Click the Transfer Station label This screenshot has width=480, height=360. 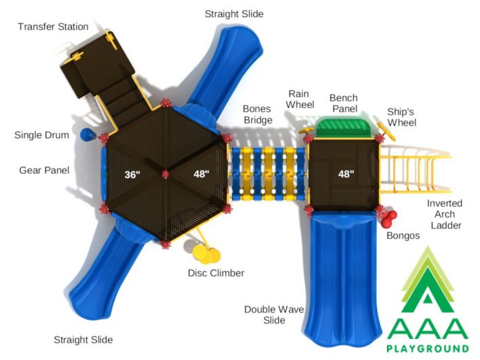[53, 26]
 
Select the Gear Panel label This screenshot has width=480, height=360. [44, 170]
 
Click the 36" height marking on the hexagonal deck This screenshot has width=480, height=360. [132, 175]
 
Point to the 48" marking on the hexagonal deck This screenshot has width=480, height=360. [202, 174]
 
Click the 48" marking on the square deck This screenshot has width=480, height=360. [346, 174]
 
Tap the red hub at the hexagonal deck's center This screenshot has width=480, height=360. [165, 175]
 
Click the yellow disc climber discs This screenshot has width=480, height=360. [206, 254]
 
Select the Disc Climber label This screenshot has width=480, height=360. [216, 273]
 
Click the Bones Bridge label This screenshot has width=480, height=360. [258, 115]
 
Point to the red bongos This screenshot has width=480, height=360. [389, 219]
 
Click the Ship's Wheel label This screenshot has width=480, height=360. [402, 118]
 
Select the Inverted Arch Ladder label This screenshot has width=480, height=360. [445, 214]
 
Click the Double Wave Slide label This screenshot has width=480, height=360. [274, 314]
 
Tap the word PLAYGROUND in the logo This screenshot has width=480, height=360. [428, 348]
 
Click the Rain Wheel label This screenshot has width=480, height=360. [299, 99]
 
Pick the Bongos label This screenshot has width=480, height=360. [403, 236]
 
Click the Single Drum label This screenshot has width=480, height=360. [41, 135]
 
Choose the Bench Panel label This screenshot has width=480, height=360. [344, 103]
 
